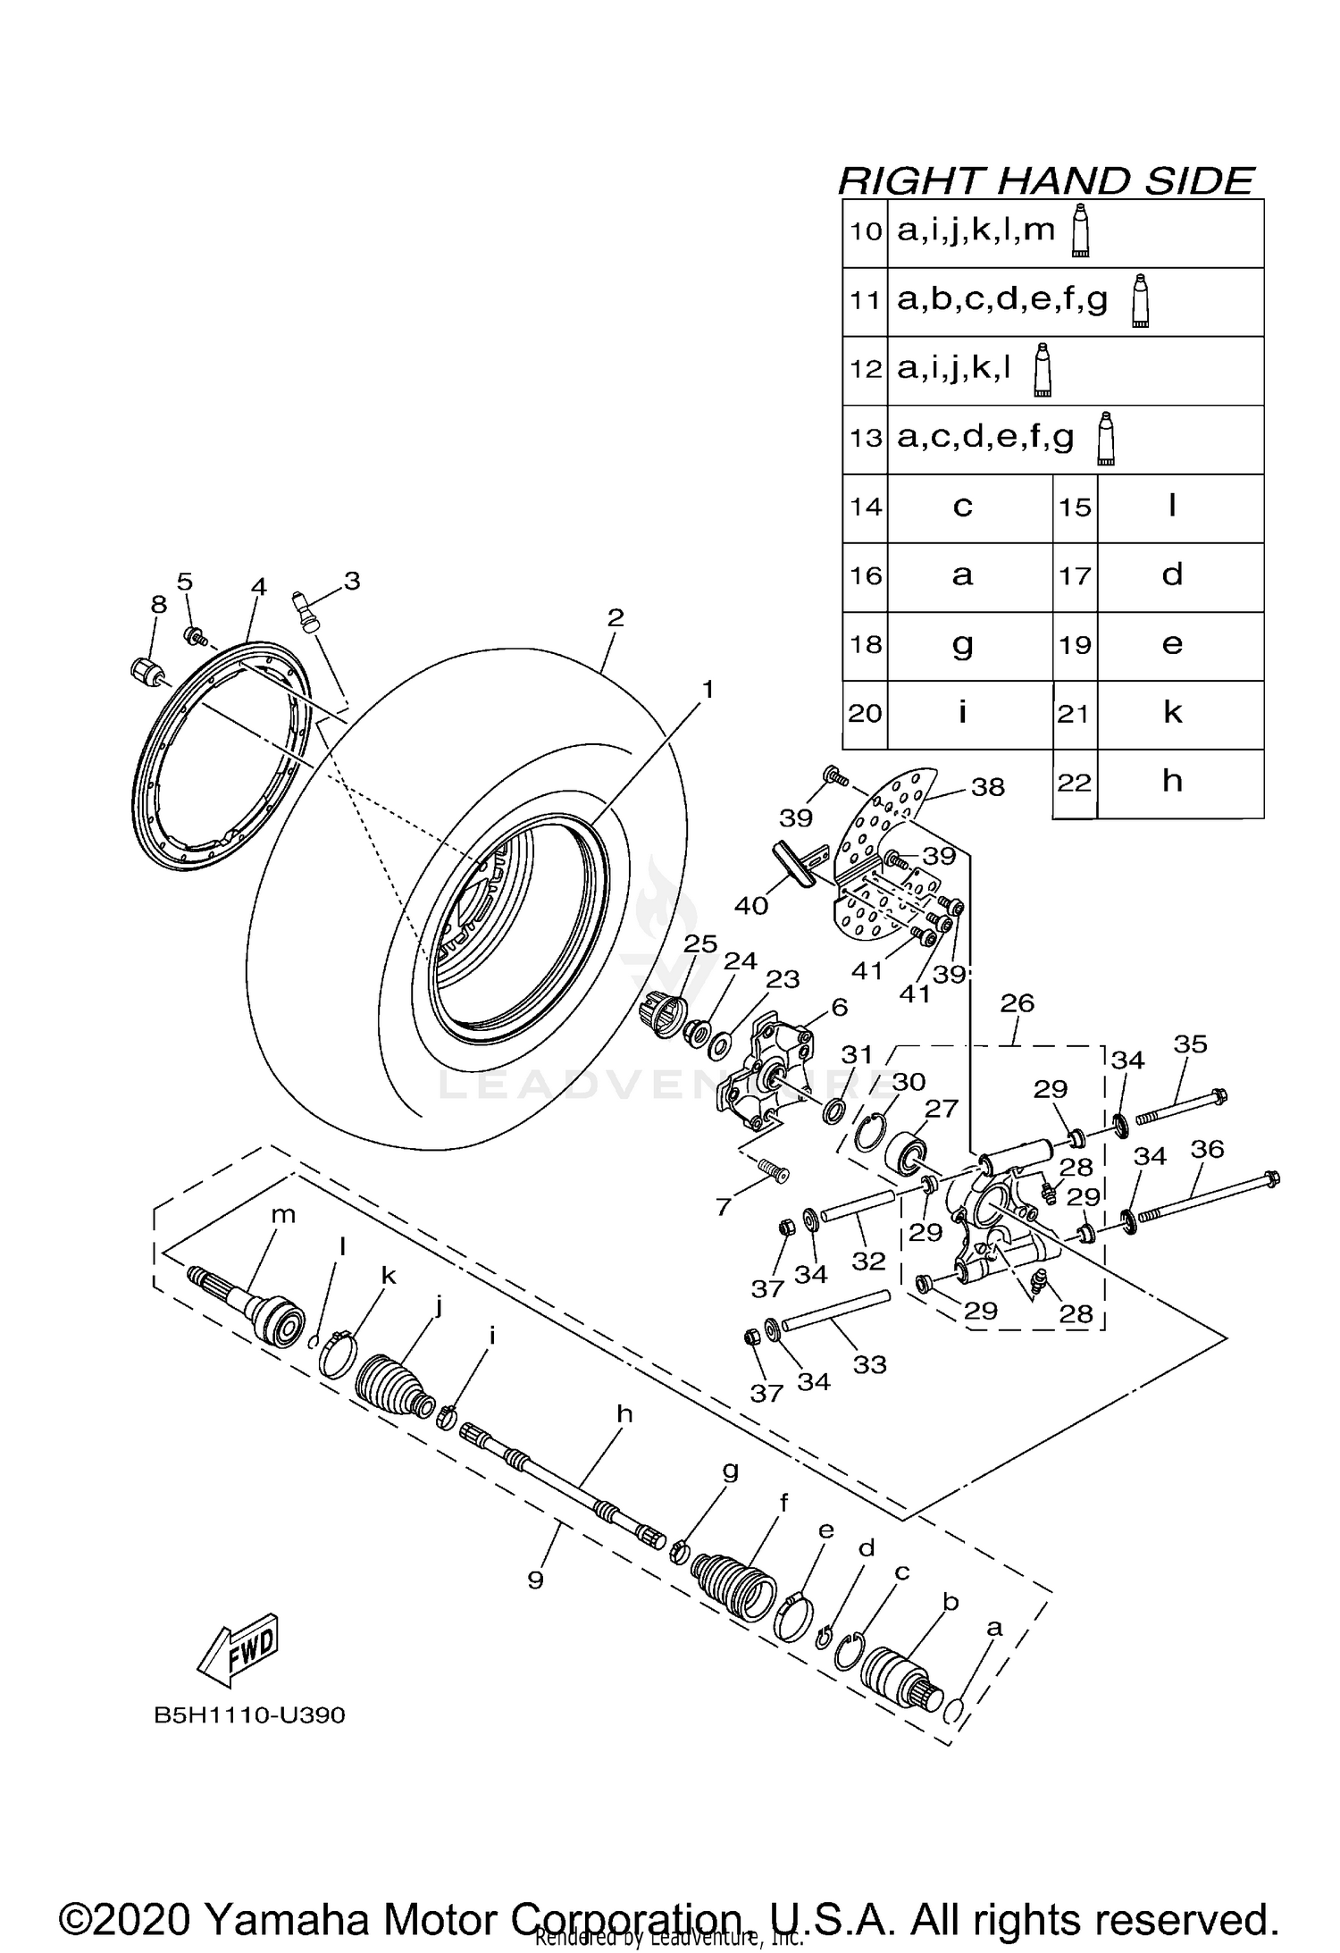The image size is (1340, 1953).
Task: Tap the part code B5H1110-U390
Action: [x=249, y=1716]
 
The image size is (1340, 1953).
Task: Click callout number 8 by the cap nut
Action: [x=158, y=605]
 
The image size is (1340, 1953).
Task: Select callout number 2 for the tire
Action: [x=616, y=617]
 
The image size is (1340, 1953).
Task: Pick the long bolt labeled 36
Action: [x=1206, y=1198]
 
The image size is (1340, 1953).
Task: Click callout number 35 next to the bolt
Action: [x=1190, y=1044]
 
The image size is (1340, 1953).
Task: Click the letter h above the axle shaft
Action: [x=624, y=1414]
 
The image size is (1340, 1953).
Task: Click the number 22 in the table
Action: [x=1075, y=783]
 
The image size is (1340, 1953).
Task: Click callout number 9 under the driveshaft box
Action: [x=535, y=1580]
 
